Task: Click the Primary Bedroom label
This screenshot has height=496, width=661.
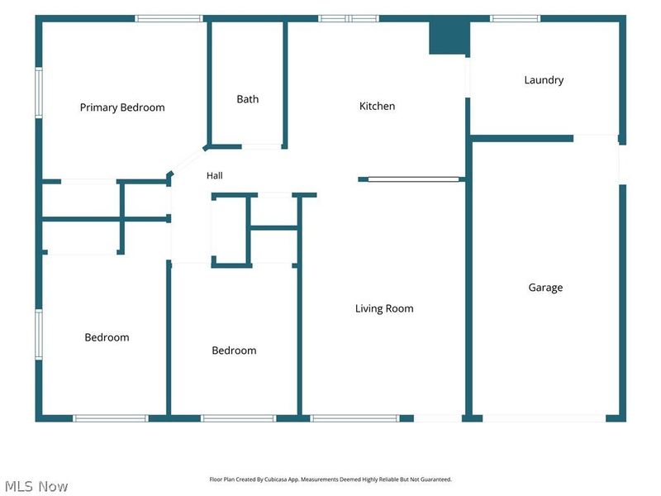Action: [x=122, y=107]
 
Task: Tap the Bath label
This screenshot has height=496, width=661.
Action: [x=247, y=99]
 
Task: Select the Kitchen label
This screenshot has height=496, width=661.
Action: [x=377, y=106]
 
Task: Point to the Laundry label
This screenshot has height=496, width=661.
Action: [x=544, y=80]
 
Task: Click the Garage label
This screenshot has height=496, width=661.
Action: [x=545, y=288]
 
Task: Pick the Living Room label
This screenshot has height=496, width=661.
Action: [x=384, y=308]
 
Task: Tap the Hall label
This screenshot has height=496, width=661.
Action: [x=215, y=175]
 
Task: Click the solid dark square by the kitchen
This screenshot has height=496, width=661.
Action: [x=449, y=37]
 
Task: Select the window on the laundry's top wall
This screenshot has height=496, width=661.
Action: [x=515, y=18]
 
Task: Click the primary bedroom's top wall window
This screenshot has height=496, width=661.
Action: [x=169, y=18]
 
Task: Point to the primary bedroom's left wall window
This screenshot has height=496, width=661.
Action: [x=39, y=93]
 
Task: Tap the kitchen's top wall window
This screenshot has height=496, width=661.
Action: [x=348, y=18]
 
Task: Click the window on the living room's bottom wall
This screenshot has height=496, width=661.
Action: [x=354, y=418]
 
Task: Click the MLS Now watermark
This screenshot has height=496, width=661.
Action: [x=36, y=486]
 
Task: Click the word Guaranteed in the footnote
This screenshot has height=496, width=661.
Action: [x=438, y=479]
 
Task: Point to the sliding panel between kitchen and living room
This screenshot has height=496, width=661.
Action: [x=413, y=179]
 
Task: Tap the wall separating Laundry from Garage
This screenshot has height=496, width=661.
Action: [x=522, y=138]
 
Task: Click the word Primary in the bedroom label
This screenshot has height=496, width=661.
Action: [x=98, y=107]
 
